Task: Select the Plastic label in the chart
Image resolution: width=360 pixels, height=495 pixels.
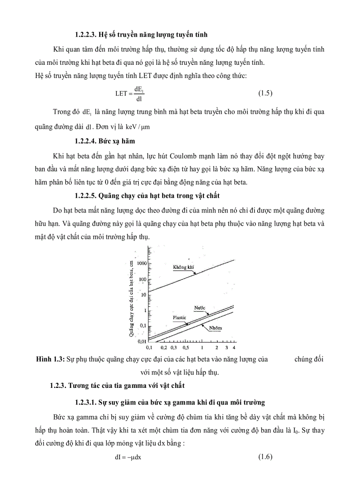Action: click(179, 317)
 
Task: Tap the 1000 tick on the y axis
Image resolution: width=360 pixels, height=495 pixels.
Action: click(142, 263)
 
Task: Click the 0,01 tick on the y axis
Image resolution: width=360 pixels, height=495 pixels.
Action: click(141, 341)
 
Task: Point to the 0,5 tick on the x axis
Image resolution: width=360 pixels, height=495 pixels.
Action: click(186, 347)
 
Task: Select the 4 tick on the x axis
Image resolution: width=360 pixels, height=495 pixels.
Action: click(234, 347)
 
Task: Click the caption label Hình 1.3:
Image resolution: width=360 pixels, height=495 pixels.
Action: click(50, 359)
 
